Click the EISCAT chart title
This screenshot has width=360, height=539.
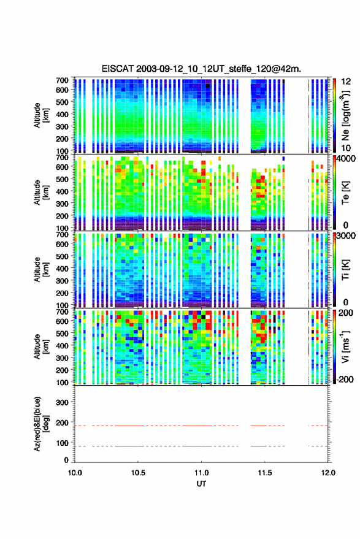tap(201, 69)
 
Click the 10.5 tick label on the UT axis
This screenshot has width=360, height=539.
tap(138, 473)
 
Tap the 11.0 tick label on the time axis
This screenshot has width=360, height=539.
tap(201, 473)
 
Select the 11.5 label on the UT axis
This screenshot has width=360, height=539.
tap(264, 473)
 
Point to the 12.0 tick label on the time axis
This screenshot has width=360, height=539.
tap(328, 473)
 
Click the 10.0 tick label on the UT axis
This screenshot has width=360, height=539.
tap(75, 473)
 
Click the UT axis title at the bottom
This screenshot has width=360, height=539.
tap(201, 484)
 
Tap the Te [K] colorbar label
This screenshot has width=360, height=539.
tap(345, 193)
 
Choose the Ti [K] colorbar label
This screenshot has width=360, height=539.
tap(345, 270)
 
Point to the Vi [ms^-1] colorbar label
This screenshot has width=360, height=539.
tap(345, 346)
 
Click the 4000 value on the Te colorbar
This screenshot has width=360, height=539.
tap(347, 159)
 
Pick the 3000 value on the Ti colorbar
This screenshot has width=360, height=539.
tap(347, 236)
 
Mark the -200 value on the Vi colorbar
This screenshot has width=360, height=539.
tap(345, 380)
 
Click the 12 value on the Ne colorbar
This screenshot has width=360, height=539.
tap(347, 82)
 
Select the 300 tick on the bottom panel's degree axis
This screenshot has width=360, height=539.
tap(62, 402)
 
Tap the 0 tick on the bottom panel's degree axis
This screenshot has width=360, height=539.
tap(66, 460)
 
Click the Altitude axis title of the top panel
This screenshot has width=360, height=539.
tap(40, 115)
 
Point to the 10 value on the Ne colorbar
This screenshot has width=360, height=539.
tap(347, 148)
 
